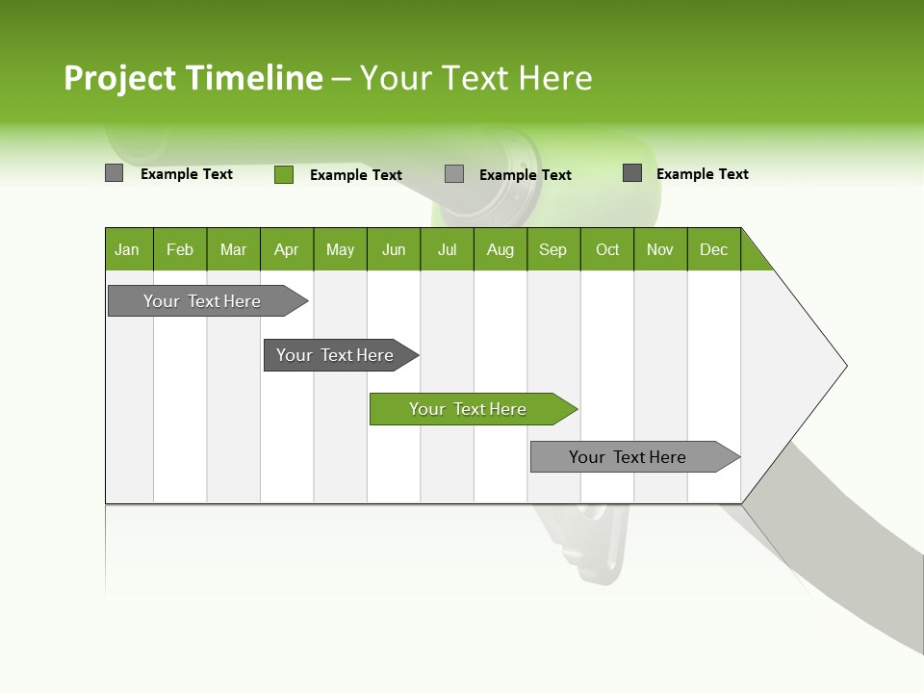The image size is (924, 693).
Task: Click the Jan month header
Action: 127,249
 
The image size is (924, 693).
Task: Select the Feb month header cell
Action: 180,249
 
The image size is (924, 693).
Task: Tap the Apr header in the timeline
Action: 287,249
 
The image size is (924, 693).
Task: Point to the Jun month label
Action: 394,249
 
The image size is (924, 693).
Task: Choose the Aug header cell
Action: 500,249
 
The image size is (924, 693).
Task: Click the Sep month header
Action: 553,249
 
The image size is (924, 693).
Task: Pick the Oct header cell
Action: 607,249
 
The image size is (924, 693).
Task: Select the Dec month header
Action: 714,249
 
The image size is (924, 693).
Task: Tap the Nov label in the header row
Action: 660,249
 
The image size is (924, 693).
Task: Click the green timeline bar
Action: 469,409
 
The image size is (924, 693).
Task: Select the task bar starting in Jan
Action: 203,301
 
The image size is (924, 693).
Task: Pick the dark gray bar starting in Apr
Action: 336,355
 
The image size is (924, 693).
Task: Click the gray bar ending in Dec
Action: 629,457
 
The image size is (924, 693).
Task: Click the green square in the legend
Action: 284,174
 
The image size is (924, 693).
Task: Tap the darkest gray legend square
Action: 632,173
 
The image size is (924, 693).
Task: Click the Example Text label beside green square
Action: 356,175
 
